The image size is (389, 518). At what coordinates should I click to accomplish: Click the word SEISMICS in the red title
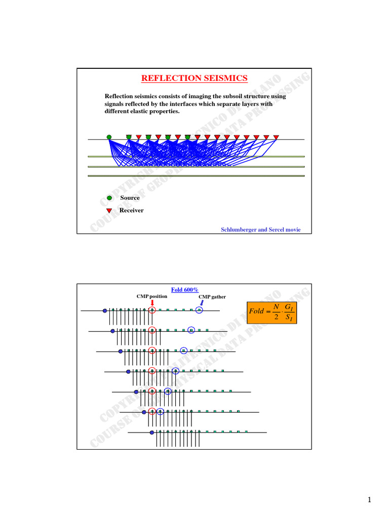[x=225, y=78]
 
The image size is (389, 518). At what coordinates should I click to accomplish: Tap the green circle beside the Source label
[x=109, y=198]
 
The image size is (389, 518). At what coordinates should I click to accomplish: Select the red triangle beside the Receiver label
[x=109, y=210]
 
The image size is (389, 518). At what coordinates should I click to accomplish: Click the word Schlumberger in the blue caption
[x=241, y=230]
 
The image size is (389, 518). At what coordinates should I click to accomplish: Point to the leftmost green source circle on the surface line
[x=109, y=137]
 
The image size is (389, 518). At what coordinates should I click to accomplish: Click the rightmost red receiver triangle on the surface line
[x=276, y=137]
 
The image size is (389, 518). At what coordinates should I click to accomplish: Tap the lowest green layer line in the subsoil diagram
[x=196, y=176]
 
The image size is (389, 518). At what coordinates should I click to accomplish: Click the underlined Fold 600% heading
[x=184, y=289]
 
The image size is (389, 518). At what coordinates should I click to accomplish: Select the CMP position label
[x=152, y=296]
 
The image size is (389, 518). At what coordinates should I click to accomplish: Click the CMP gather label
[x=212, y=297]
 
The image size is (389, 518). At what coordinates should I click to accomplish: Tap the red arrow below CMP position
[x=152, y=303]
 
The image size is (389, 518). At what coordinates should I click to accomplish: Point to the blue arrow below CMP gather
[x=202, y=304]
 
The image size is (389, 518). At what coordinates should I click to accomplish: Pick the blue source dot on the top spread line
[x=105, y=310]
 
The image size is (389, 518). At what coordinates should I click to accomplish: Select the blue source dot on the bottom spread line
[x=152, y=433]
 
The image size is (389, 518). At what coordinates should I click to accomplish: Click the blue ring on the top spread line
[x=199, y=310]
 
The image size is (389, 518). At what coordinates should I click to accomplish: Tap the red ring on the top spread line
[x=152, y=310]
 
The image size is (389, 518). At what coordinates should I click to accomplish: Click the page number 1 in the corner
[x=370, y=500]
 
